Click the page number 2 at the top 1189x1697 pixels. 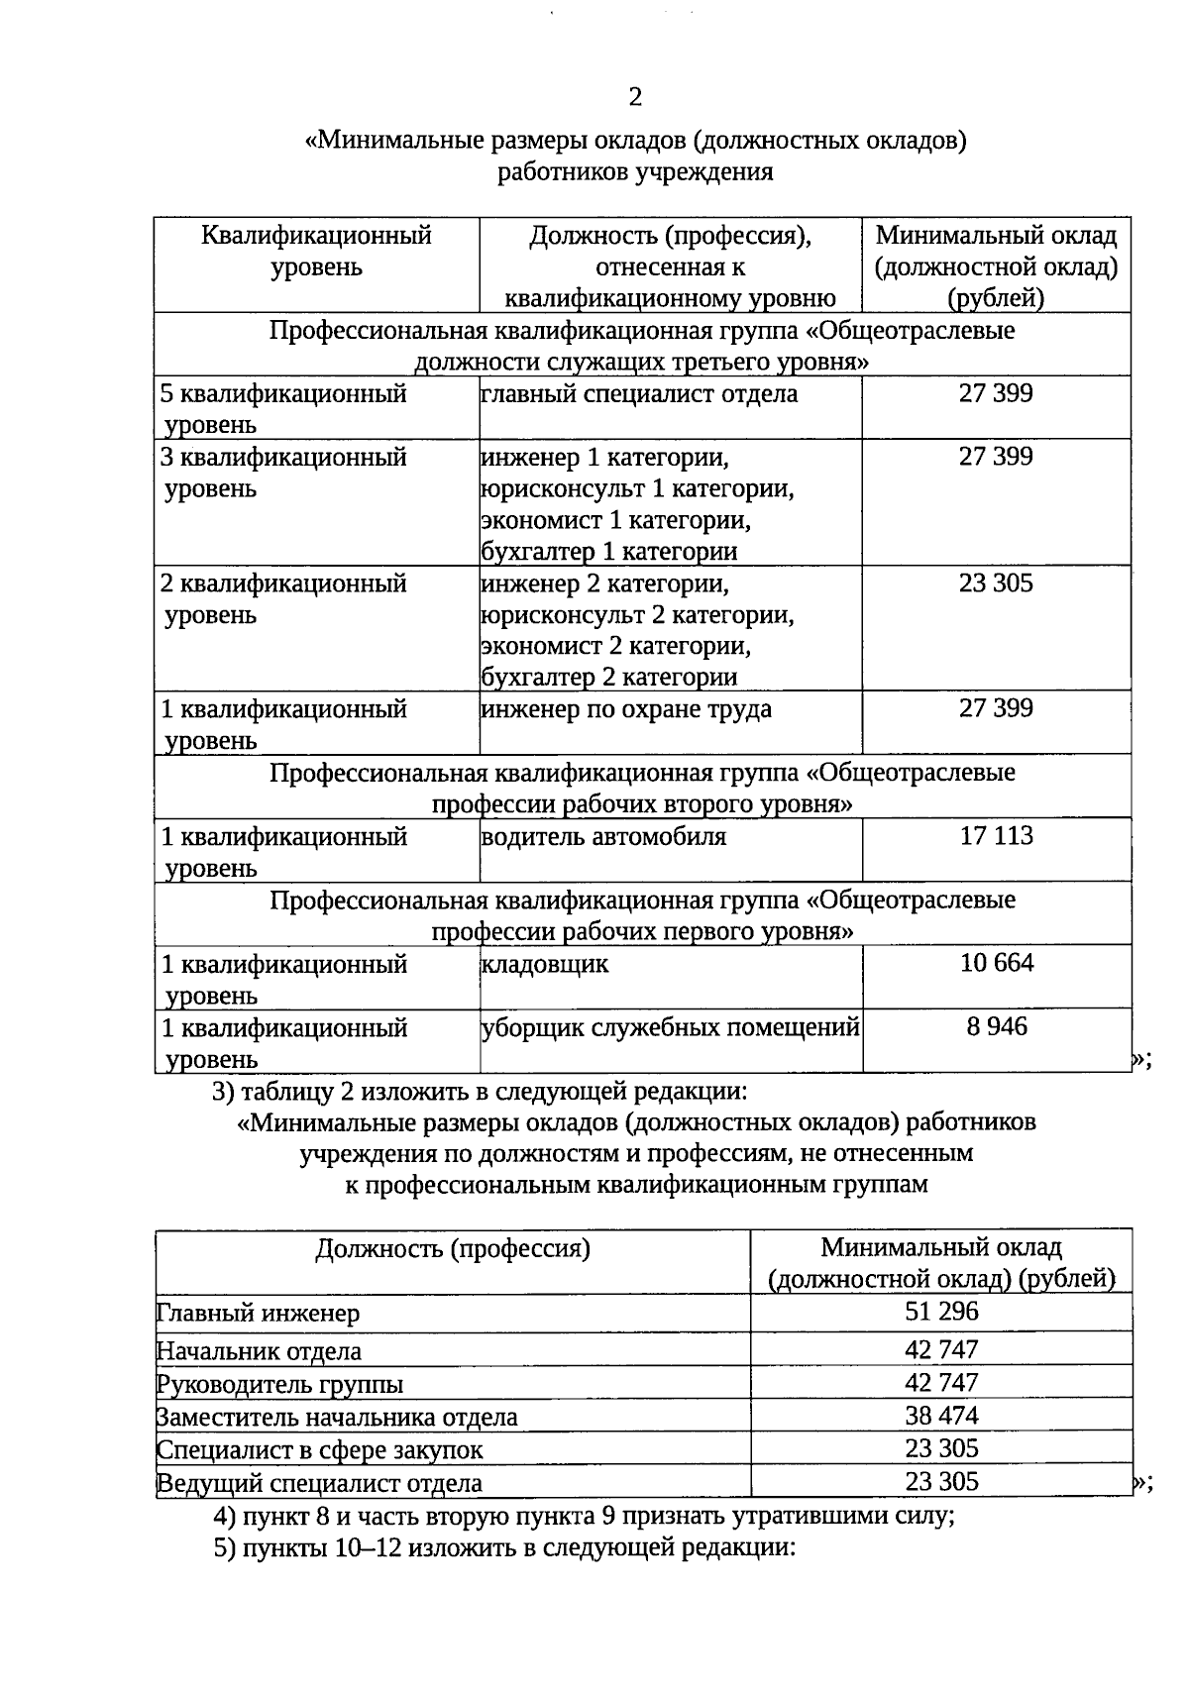[635, 97]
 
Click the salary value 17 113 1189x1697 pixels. [996, 836]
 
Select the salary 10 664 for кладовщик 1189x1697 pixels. [996, 963]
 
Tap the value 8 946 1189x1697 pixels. [997, 1026]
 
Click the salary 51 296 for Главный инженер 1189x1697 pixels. [940, 1312]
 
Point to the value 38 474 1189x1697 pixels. [940, 1415]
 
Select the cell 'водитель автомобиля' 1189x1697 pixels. [603, 837]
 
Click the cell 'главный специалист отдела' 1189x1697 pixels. [639, 394]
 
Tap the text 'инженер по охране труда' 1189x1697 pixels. [626, 709]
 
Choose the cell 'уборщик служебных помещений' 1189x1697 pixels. [670, 1027]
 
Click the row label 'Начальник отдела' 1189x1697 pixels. [259, 1351]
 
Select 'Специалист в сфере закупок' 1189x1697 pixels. [320, 1450]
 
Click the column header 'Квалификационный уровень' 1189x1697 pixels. [316, 252]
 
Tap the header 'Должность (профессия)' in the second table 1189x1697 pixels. [453, 1248]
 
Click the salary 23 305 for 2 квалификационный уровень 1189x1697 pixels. [996, 583]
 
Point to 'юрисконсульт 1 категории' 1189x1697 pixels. [637, 489]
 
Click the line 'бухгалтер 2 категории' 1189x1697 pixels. [609, 678]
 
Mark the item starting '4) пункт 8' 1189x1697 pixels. [584, 1517]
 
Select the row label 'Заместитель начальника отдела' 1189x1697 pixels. [337, 1418]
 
